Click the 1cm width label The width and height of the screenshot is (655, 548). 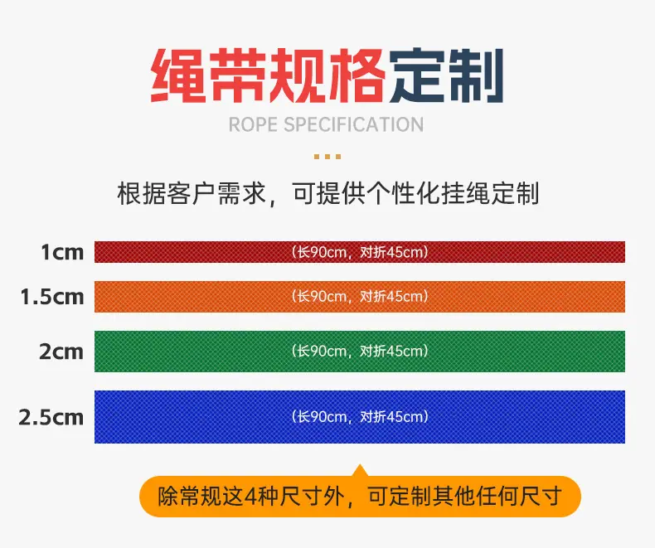click(x=62, y=252)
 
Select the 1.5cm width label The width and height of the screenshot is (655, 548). click(x=52, y=297)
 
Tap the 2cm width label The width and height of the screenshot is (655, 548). click(x=61, y=352)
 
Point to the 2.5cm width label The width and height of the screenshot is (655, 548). click(x=51, y=417)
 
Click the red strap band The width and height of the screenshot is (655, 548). click(x=360, y=252)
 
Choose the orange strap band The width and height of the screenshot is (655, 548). click(x=360, y=297)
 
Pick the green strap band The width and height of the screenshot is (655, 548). click(x=360, y=352)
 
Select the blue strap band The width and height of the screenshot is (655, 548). click(x=360, y=417)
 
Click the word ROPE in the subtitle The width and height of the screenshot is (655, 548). click(x=253, y=125)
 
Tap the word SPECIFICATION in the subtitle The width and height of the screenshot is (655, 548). click(x=354, y=125)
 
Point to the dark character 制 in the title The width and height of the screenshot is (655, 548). click(x=476, y=75)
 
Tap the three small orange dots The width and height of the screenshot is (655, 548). click(x=327, y=157)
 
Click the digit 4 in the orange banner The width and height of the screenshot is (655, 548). click(x=250, y=497)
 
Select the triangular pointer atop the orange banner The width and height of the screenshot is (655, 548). click(x=360, y=470)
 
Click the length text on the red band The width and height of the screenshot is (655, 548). click(x=360, y=252)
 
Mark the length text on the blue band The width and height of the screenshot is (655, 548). click(x=360, y=417)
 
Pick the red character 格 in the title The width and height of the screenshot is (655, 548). click(x=357, y=75)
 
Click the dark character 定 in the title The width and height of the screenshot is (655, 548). click(x=417, y=75)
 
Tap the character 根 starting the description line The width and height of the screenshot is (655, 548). click(x=129, y=193)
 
